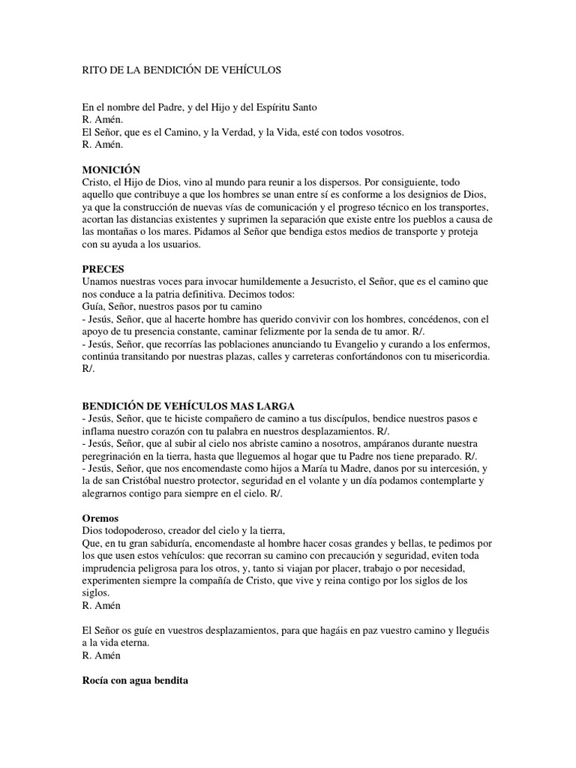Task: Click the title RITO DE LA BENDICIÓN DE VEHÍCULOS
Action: (x=181, y=70)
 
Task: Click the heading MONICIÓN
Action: (x=111, y=170)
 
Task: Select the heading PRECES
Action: (x=103, y=268)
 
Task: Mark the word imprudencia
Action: (x=112, y=568)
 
